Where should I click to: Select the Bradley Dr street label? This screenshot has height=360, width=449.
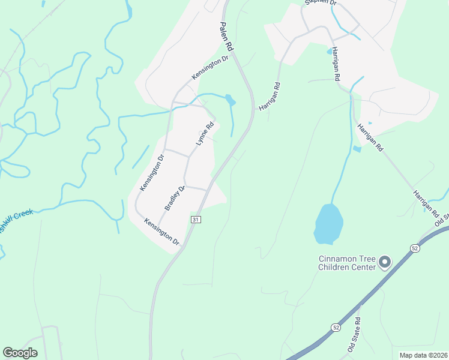(175, 198)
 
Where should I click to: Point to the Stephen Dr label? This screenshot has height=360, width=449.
(321, 3)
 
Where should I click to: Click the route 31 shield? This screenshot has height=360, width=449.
(196, 220)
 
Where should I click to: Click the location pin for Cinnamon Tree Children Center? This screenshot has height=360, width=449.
(384, 263)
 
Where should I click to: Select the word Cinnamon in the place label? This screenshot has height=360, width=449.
(334, 259)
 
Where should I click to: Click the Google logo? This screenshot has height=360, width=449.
(20, 353)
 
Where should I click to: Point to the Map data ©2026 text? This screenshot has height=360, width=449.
(423, 355)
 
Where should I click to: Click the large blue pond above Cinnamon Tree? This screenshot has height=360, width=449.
(328, 223)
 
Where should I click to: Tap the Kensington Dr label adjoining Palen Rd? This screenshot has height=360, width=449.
(211, 68)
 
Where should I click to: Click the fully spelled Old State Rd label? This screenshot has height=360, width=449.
(354, 335)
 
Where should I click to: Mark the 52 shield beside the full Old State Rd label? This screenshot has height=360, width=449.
(335, 327)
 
